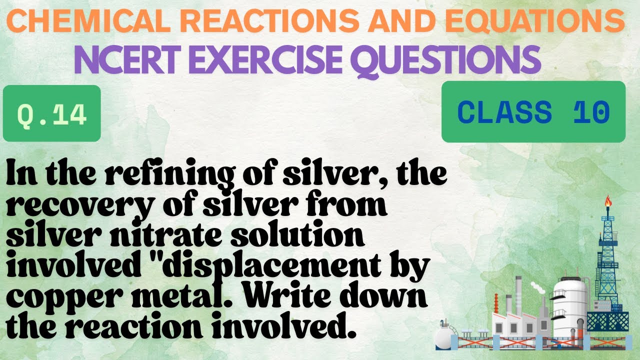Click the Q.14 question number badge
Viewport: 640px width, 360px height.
click(x=52, y=113)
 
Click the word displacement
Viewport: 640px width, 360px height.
click(x=289, y=266)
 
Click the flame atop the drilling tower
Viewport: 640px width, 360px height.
click(x=608, y=201)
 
